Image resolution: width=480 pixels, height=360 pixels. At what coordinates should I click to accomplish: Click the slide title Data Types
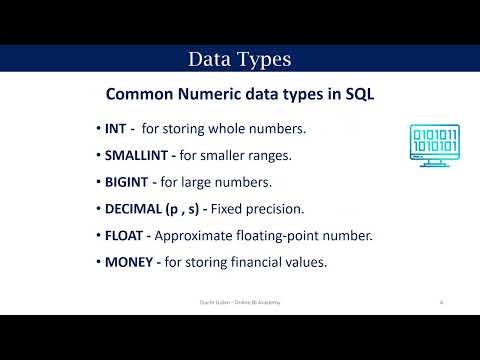tap(240, 60)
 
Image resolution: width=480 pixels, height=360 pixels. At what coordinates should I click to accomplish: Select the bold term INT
tap(117, 129)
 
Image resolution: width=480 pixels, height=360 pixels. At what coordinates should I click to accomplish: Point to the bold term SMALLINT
tap(140, 156)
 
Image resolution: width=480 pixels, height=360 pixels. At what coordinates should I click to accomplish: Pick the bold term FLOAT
tap(125, 236)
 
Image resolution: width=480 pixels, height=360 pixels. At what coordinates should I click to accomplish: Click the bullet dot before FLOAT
tap(98, 236)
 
